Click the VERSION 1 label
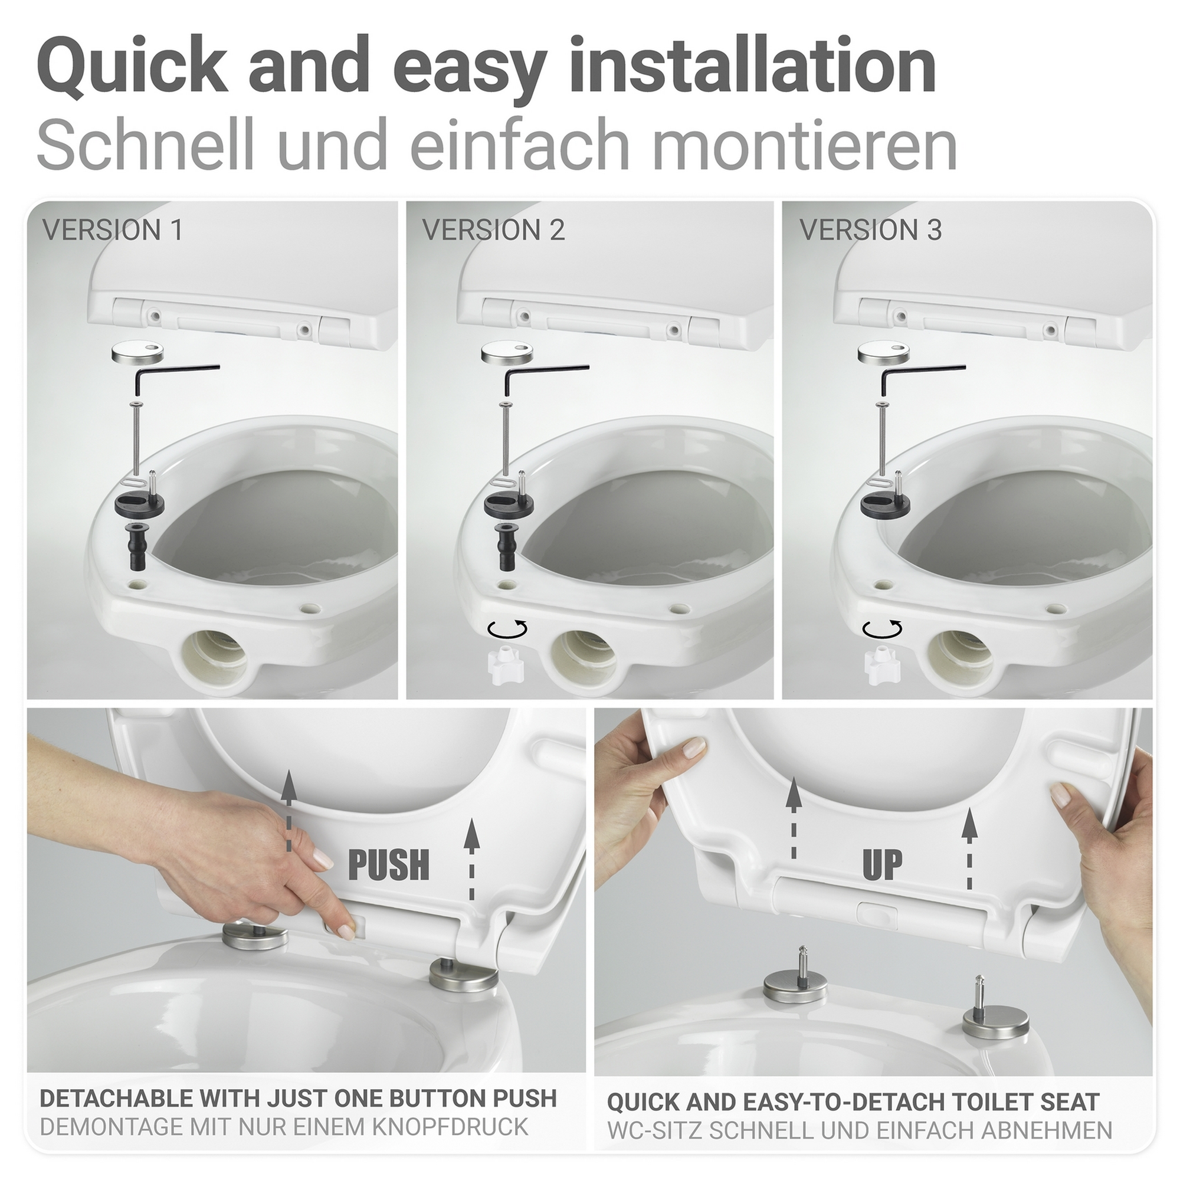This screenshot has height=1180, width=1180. [x=112, y=230]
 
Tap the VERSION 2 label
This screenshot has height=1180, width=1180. [x=493, y=230]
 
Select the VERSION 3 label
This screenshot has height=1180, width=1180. [x=870, y=230]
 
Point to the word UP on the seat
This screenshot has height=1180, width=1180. [x=883, y=864]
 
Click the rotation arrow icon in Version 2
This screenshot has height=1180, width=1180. [x=506, y=628]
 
